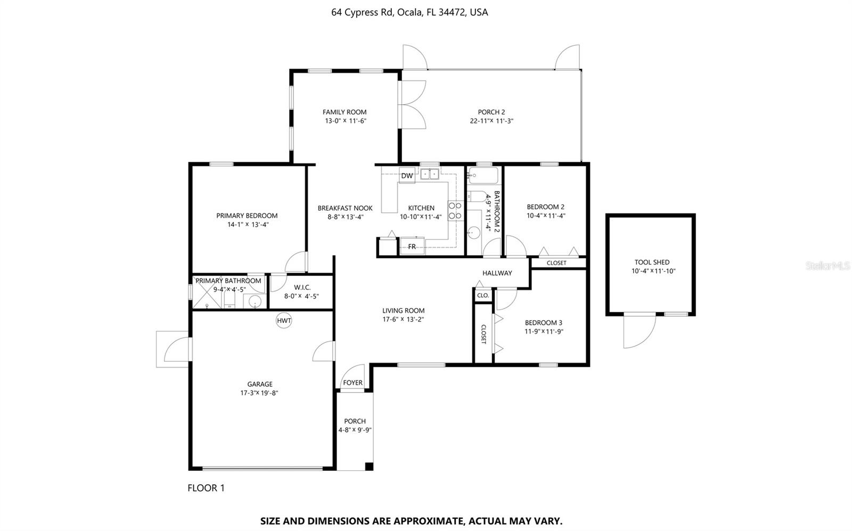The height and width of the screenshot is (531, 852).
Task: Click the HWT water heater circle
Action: tap(284, 320)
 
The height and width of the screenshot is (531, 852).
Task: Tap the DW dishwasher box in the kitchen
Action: tap(407, 176)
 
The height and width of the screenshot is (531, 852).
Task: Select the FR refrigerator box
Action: tap(412, 246)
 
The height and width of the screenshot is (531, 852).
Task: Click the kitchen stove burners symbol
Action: tap(455, 210)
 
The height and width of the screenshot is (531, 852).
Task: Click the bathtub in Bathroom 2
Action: tap(483, 176)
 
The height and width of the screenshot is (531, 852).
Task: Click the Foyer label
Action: tap(353, 383)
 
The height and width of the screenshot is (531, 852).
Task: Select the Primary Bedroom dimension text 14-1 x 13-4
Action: tap(248, 225)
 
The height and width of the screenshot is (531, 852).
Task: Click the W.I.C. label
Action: tap(302, 287)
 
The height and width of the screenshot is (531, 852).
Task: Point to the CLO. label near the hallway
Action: tap(483, 295)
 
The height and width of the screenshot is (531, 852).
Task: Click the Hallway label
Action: tap(497, 273)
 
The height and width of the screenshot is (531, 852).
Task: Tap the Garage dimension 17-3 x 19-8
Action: tap(259, 393)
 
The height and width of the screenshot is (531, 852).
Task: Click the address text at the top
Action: tap(409, 12)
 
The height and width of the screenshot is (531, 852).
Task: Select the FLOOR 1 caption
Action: tap(206, 488)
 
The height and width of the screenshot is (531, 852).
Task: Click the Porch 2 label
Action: tap(491, 112)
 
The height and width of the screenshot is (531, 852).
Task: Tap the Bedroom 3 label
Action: tap(543, 322)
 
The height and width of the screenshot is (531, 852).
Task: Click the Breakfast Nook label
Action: tap(345, 208)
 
